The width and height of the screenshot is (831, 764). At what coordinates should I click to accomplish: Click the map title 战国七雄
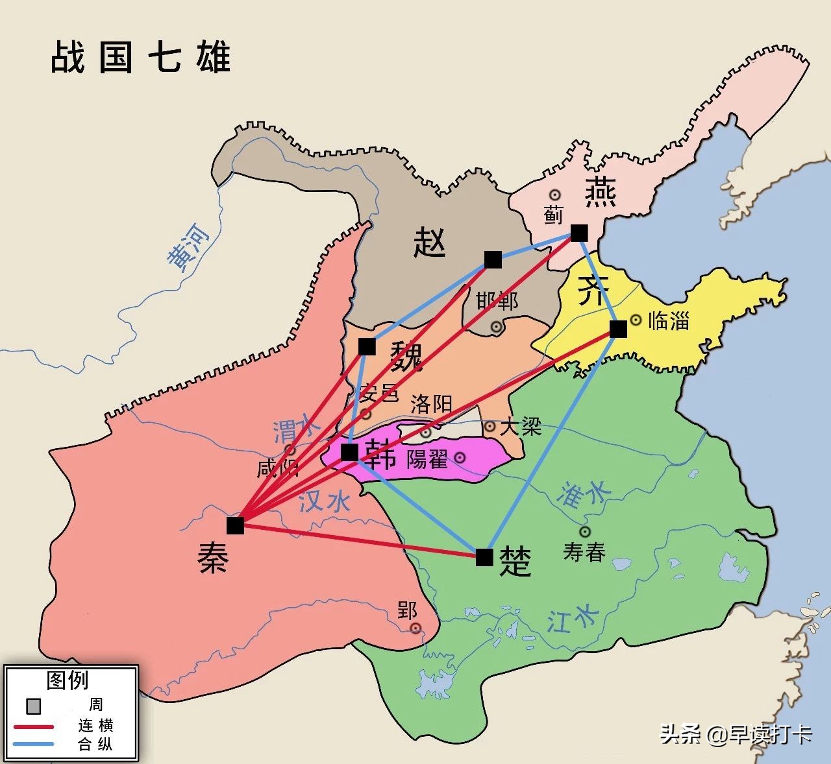[141, 57]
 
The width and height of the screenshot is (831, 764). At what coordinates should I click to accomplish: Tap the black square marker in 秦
[235, 525]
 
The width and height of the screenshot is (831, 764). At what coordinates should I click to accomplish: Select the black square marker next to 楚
[484, 556]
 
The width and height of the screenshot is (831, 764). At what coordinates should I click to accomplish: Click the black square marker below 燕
[579, 233]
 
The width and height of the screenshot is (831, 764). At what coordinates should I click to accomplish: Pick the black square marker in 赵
[493, 259]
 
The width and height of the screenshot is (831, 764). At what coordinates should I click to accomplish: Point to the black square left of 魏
[367, 347]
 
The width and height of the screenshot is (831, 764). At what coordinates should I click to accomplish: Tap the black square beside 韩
[349, 452]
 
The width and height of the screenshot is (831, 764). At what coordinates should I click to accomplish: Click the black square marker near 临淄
[618, 329]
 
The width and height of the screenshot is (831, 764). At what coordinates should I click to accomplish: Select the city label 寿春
[584, 553]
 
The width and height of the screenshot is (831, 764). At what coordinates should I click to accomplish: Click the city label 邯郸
[497, 301]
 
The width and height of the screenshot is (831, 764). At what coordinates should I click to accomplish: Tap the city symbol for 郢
[415, 628]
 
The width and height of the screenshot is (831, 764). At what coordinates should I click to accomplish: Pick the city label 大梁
[521, 426]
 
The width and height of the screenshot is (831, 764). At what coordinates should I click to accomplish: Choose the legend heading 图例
[68, 680]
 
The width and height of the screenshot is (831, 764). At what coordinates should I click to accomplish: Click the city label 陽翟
[427, 459]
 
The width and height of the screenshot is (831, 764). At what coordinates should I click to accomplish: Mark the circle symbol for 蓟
[555, 195]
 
